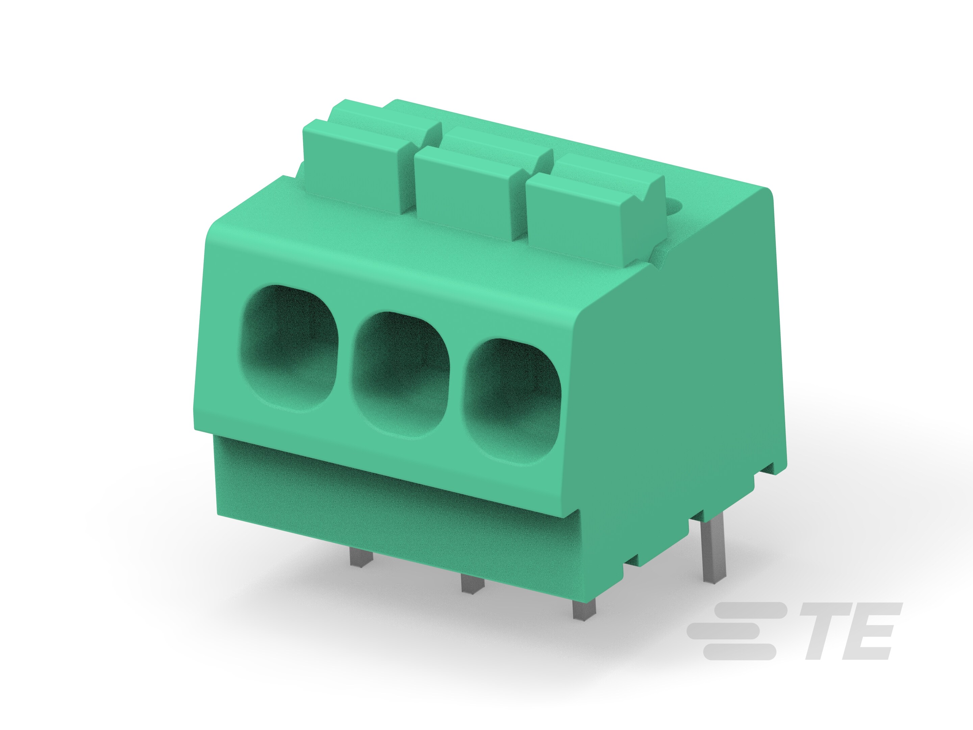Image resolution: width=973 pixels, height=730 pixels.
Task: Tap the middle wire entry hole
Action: [401, 374]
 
